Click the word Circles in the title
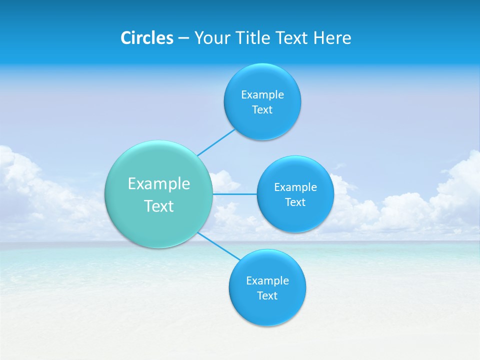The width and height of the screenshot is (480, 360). coord(146,38)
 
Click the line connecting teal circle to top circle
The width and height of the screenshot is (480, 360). coord(216,142)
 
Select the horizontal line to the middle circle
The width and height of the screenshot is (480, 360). coord(234,194)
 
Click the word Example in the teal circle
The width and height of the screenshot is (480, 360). coord(159,184)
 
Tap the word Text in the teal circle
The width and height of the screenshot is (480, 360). coord(159,206)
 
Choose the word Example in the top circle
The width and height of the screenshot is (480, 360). coord(262,94)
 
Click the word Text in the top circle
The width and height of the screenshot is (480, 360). coord(262,109)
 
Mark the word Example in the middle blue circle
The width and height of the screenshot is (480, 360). coord(295,187)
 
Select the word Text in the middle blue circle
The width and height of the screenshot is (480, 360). coord(295,202)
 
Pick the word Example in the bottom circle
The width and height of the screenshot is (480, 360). coord(267,280)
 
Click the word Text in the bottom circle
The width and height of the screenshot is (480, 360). coord(267,295)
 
